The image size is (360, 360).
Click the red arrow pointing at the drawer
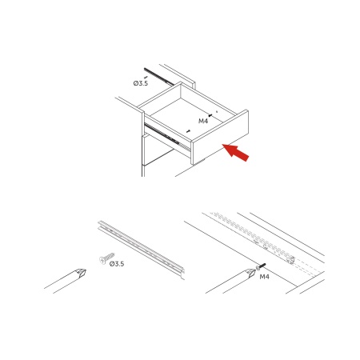236,153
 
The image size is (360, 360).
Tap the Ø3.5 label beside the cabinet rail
141,83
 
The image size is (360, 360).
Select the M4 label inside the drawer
203,121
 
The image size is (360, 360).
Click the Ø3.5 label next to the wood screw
117,264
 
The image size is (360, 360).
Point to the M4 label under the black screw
264,277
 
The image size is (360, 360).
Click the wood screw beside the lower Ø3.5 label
106,258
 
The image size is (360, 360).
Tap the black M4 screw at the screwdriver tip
261,266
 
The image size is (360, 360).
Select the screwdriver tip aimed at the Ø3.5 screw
81,272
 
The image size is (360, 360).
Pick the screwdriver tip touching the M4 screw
250,273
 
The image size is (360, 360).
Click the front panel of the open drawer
220,137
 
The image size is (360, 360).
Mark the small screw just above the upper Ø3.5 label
146,77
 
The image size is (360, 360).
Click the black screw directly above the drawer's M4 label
210,115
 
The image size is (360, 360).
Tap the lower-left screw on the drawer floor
189,131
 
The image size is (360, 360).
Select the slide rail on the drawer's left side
167,138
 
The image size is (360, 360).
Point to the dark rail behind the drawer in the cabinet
159,77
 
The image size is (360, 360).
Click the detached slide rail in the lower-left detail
142,250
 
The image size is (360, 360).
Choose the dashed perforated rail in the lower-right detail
252,236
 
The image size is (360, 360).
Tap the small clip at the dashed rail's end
290,260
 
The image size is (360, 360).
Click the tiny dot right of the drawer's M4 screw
217,112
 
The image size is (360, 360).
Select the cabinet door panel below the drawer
158,150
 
